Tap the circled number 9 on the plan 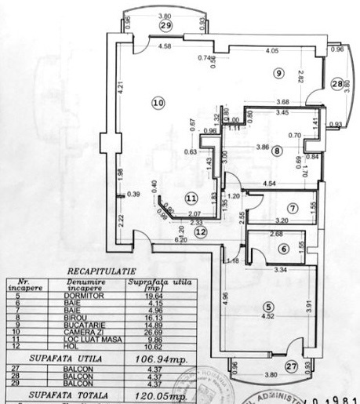pyautogui.click(x=278, y=73)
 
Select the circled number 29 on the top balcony pyautogui.click(x=165, y=25)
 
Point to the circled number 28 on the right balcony pyautogui.click(x=336, y=84)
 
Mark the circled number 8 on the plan pyautogui.click(x=276, y=154)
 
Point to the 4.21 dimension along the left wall pyautogui.click(x=111, y=88)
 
